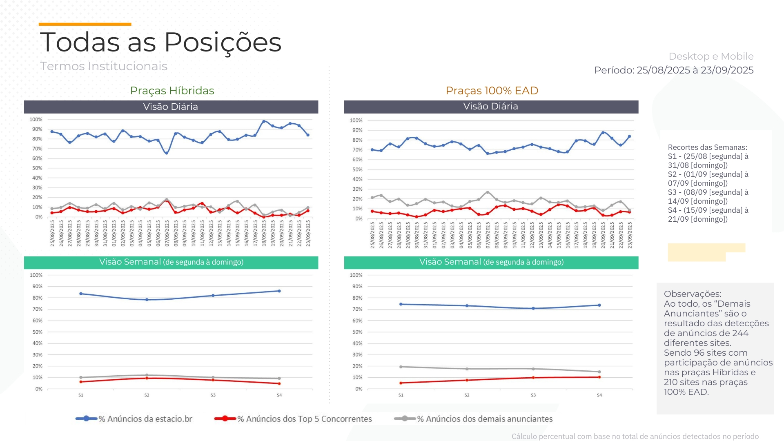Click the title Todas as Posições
160,42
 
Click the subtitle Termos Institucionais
104,66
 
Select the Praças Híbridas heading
172,91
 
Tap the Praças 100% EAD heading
492,91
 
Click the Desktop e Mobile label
711,56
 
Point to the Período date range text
674,70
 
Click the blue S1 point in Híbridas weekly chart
81,294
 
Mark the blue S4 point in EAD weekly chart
599,305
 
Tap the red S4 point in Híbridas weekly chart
279,383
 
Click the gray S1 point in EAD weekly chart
401,367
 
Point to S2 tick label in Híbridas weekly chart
147,395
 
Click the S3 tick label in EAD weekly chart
533,395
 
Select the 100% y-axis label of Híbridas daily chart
36,120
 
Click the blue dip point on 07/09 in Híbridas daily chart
167,153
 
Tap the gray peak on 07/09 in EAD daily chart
488,192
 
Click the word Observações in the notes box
693,294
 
